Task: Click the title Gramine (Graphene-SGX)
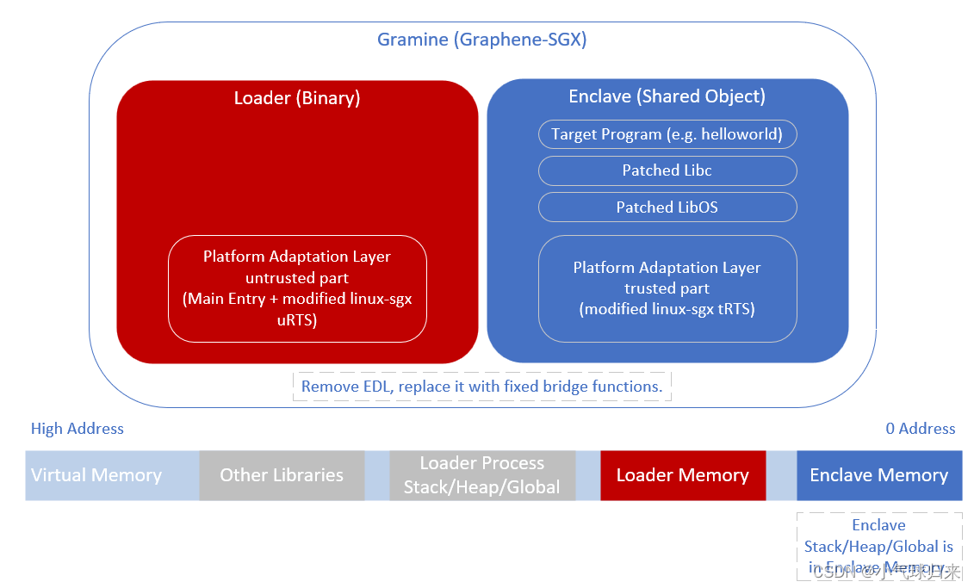[481, 40]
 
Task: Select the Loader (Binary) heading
[297, 98]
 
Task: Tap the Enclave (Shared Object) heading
[667, 96]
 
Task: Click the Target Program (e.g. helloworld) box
[667, 134]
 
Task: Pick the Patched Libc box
[667, 170]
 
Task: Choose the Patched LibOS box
[667, 207]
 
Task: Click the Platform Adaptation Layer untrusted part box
[297, 288]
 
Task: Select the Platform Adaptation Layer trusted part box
[667, 288]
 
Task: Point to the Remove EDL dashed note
[481, 387]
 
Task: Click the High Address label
[78, 429]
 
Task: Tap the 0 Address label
[920, 429]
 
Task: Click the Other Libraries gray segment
[282, 475]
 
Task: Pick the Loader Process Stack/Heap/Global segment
[481, 475]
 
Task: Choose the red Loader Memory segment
[682, 475]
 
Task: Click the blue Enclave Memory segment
[878, 475]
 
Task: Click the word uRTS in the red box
[297, 320]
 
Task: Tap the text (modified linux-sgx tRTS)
[667, 309]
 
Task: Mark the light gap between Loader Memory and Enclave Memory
[781, 475]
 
